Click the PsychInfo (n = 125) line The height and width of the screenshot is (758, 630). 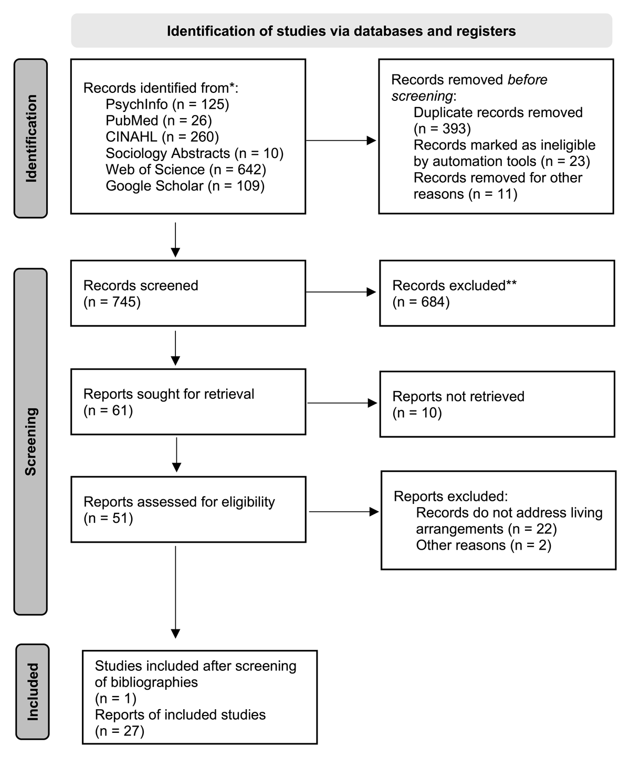click(x=167, y=104)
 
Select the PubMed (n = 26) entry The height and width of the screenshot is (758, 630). click(x=159, y=121)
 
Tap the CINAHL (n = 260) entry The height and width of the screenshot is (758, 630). click(x=162, y=137)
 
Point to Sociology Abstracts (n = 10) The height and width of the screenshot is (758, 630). click(x=194, y=153)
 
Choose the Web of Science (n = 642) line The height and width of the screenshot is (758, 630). click(x=185, y=170)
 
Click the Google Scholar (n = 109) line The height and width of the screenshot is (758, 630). click(x=185, y=186)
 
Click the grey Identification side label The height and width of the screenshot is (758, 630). click(x=31, y=138)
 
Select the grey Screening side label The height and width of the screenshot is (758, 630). click(x=31, y=441)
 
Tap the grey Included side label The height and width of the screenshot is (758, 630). click(x=33, y=692)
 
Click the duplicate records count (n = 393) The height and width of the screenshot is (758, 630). click(x=442, y=129)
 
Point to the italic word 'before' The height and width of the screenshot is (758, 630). click(x=527, y=79)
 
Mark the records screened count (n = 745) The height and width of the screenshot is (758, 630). click(x=112, y=302)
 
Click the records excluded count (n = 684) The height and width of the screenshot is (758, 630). click(x=421, y=302)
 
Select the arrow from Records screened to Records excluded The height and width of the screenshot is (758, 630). click(x=341, y=292)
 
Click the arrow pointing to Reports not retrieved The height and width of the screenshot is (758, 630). click(x=342, y=403)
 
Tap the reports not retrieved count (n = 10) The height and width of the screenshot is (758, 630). click(x=417, y=413)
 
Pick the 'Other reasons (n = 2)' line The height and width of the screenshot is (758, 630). click(x=484, y=545)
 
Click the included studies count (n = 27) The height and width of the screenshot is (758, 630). click(x=120, y=731)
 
